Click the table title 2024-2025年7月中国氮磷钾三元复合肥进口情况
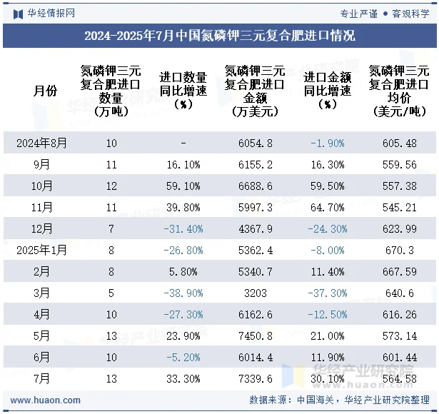(219, 36)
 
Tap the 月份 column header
(45, 91)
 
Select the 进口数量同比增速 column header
(183, 91)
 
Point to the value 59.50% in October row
(328, 186)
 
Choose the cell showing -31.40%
(183, 228)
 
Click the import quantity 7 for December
(111, 228)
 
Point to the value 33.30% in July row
(183, 378)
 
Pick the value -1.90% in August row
(328, 143)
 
